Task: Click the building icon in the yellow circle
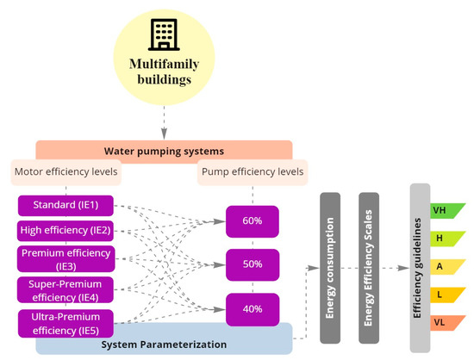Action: (164, 35)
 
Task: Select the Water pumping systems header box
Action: (165, 150)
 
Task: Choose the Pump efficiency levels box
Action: (252, 171)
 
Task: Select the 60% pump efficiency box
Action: (252, 221)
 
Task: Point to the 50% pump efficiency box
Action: (252, 264)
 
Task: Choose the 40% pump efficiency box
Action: (252, 308)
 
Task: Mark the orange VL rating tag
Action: (446, 323)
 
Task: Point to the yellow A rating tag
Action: (446, 267)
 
